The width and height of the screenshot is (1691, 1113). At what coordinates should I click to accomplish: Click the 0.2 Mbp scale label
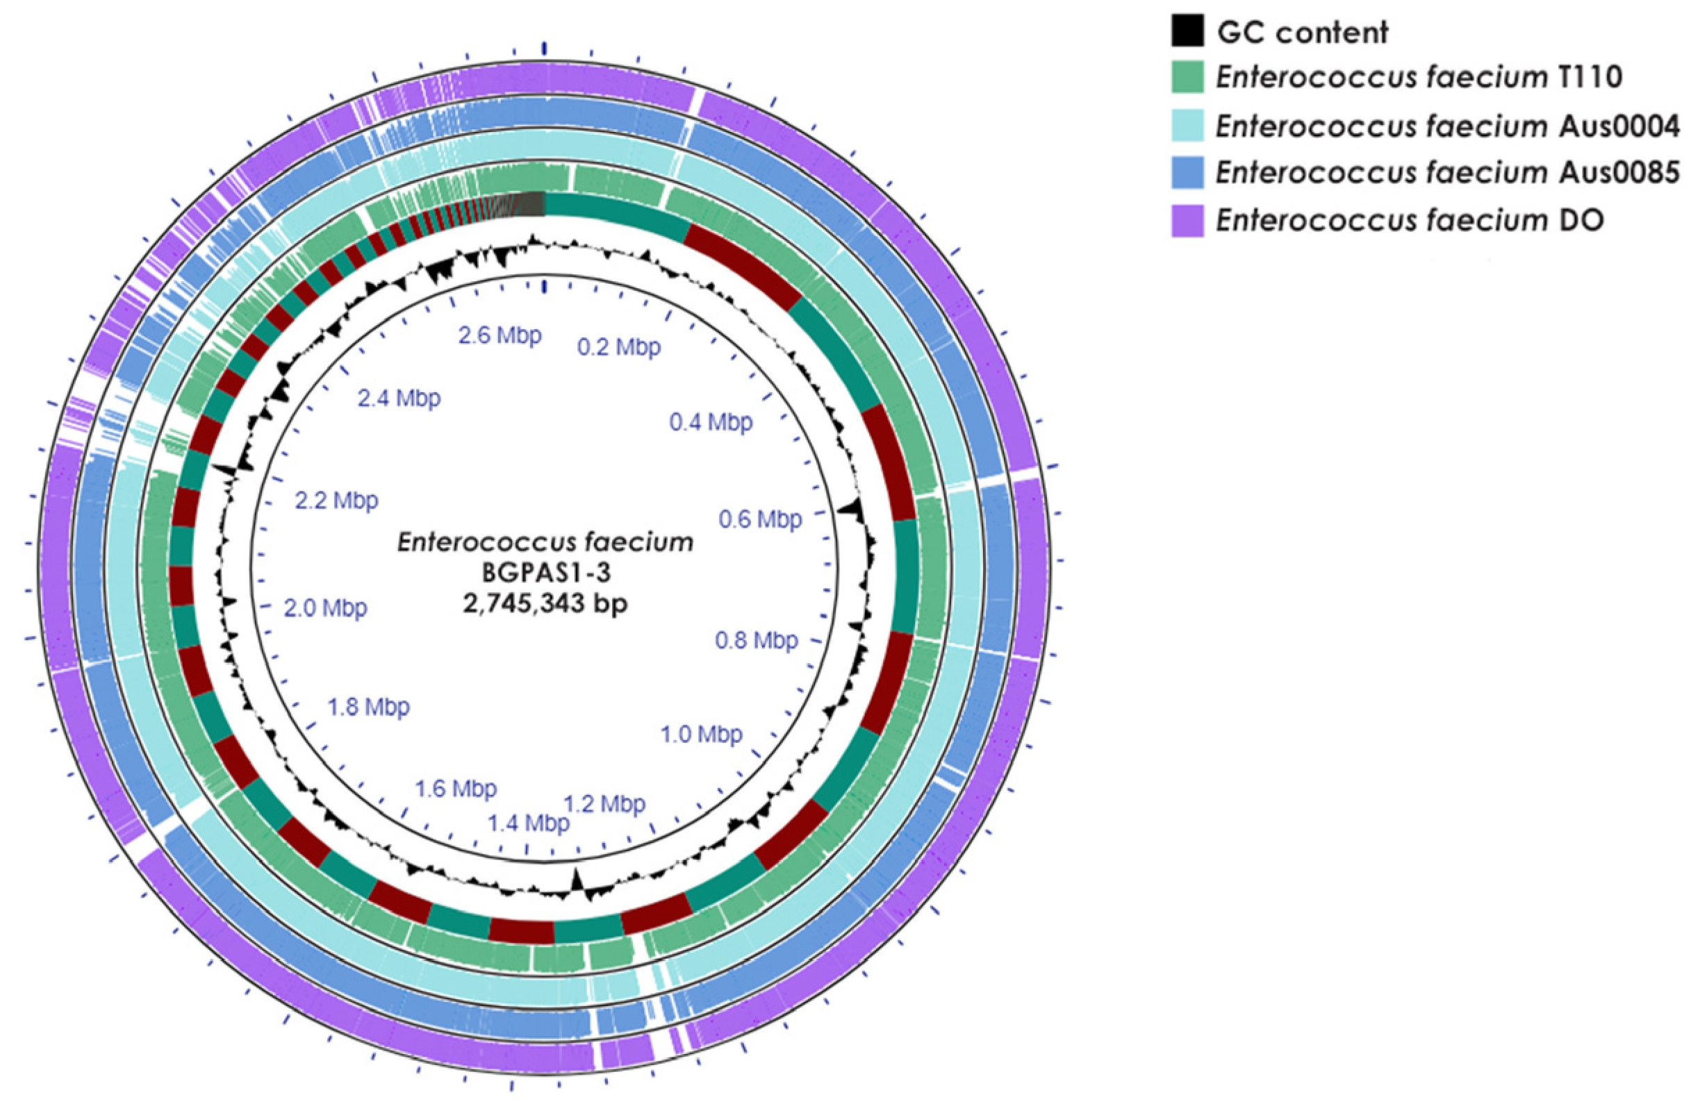click(x=618, y=347)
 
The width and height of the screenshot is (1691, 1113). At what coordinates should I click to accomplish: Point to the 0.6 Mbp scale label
click(x=760, y=519)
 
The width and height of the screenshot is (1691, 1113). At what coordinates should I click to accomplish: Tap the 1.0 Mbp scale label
click(x=701, y=734)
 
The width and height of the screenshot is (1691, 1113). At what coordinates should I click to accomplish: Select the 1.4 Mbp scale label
click(x=528, y=823)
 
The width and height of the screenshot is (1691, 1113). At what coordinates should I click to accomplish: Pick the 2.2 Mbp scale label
click(x=337, y=501)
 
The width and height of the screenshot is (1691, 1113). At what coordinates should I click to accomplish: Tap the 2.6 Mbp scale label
click(x=500, y=335)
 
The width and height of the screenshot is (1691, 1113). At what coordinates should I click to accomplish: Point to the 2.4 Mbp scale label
click(x=399, y=399)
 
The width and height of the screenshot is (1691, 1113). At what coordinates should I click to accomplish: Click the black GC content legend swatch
click(x=1187, y=32)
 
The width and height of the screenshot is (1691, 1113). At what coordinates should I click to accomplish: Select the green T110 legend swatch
click(x=1187, y=76)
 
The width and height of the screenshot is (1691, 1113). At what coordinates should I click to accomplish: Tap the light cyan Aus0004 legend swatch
click(x=1187, y=126)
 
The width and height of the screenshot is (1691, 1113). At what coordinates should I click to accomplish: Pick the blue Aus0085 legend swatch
click(x=1187, y=173)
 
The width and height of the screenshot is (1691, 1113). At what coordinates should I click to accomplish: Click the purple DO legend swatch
click(x=1187, y=220)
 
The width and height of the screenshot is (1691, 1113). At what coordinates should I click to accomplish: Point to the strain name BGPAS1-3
click(x=545, y=574)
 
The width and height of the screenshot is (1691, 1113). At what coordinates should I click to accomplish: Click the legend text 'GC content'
click(x=1303, y=33)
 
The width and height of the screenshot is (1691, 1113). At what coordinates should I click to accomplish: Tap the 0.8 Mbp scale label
click(x=756, y=641)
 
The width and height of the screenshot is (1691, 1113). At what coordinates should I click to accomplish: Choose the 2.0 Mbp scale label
click(x=325, y=608)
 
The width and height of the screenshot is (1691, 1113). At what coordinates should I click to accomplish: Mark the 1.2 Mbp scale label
click(x=604, y=804)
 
